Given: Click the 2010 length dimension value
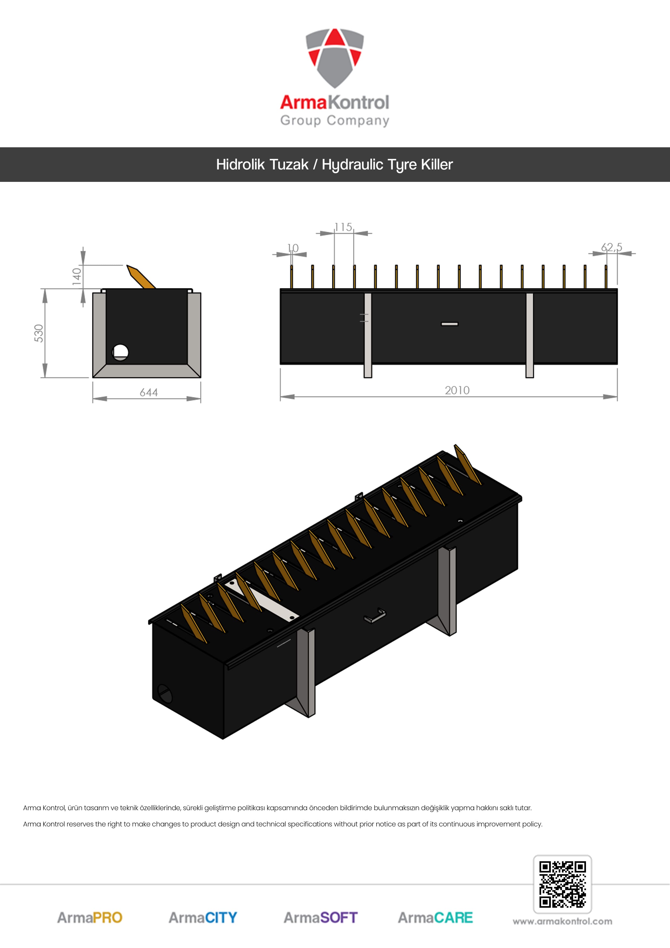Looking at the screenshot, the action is click(x=457, y=390).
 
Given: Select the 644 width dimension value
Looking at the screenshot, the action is click(x=149, y=392).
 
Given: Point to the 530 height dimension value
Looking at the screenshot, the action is click(x=39, y=333).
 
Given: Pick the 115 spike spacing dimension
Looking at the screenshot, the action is click(x=343, y=227).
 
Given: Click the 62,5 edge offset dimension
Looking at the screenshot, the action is click(x=611, y=247).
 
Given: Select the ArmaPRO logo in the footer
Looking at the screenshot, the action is click(x=90, y=917).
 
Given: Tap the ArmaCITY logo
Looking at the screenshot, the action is click(x=203, y=917).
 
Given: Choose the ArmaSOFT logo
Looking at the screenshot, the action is click(x=320, y=917).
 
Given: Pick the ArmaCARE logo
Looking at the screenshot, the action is click(x=435, y=917).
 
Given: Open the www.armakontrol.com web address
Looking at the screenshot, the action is click(x=562, y=921).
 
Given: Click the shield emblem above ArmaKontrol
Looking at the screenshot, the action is click(x=335, y=58).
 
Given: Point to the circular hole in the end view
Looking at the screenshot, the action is click(x=120, y=352).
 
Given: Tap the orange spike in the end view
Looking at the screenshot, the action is click(x=141, y=277).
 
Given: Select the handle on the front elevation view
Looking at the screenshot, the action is click(x=450, y=324).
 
